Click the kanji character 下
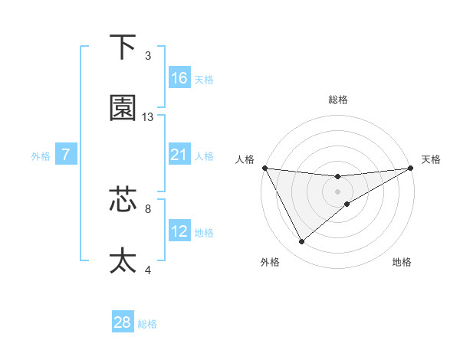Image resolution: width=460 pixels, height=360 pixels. pyautogui.click(x=123, y=47)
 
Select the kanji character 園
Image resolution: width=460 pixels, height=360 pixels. pyautogui.click(x=123, y=108)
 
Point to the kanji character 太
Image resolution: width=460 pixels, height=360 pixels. pyautogui.click(x=123, y=260)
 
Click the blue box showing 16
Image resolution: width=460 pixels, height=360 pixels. pyautogui.click(x=179, y=78)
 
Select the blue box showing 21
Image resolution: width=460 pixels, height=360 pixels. pyautogui.click(x=179, y=155)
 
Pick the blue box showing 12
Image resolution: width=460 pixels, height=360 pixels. pyautogui.click(x=179, y=231)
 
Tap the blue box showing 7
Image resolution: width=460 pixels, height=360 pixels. pyautogui.click(x=66, y=155)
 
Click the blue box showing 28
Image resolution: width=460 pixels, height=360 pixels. pyautogui.click(x=123, y=322)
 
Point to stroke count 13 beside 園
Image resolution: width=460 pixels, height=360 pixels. pyautogui.click(x=148, y=117)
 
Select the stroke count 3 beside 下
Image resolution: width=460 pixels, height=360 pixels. pyautogui.click(x=148, y=56)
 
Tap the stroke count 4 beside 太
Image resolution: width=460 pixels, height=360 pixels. pyautogui.click(x=148, y=270)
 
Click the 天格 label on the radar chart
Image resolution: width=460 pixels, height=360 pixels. pyautogui.click(x=432, y=159)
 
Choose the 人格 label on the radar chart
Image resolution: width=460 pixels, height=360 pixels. pyautogui.click(x=245, y=159)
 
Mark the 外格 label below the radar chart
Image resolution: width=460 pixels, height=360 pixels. pyautogui.click(x=270, y=262)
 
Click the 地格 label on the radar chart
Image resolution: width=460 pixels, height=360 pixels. pyautogui.click(x=402, y=262)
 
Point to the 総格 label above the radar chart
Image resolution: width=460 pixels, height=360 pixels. pyautogui.click(x=337, y=100)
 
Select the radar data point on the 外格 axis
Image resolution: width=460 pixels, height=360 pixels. pyautogui.click(x=301, y=242)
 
